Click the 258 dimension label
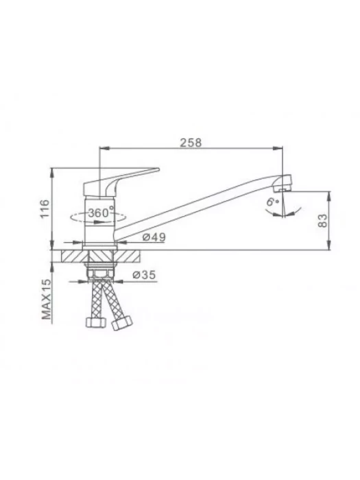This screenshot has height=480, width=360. pos(191,143)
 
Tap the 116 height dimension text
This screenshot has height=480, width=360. pos(45,208)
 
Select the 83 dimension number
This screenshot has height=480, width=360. pos(322,220)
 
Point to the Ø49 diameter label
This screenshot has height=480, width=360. pos(154,237)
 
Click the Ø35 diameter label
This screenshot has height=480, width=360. pos(144,275)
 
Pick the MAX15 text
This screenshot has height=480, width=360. pos(46,299)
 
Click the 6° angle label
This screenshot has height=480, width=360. pos(272,202)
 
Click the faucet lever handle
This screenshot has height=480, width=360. pos(121,181)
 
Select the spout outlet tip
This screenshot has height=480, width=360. pos(284,183)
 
